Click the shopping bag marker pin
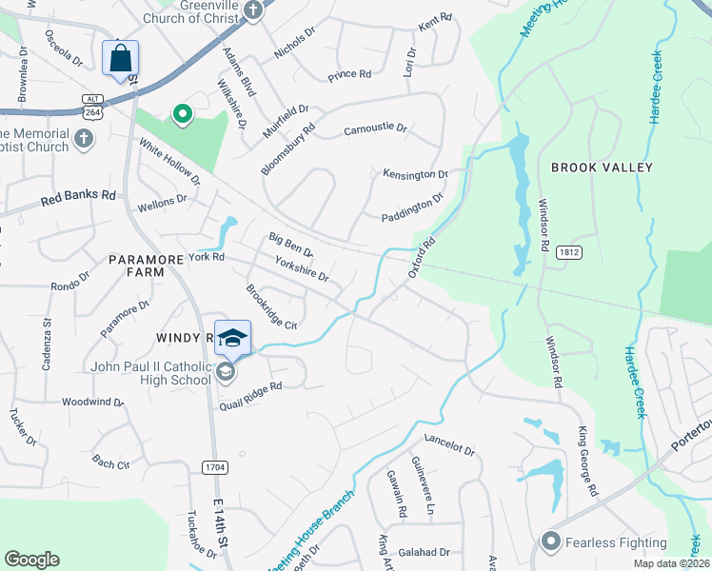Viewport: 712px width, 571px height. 121,59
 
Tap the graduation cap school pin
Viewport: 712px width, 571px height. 233,338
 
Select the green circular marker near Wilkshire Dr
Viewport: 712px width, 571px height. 182,115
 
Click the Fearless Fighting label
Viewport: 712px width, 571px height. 616,542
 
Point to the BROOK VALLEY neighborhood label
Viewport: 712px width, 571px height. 603,167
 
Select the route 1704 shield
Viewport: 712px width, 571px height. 214,466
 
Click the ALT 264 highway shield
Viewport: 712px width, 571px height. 92,105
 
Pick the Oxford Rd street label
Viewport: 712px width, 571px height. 422,257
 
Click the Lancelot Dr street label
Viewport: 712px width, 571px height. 449,447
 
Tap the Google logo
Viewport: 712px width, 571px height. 31,560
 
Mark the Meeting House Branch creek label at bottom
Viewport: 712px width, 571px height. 311,532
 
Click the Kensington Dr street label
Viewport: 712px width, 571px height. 415,174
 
